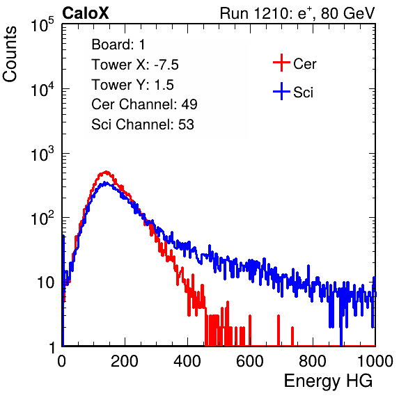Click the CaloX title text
[85, 13]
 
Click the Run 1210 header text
[297, 13]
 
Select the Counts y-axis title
[10, 54]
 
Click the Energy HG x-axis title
[328, 381]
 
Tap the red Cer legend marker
[281, 63]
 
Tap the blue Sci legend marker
[281, 91]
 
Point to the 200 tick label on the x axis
[125, 361]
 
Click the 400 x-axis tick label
[187, 361]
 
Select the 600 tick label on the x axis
[250, 361]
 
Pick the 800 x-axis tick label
[313, 361]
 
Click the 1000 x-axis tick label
[375, 361]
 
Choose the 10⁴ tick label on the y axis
[42, 89]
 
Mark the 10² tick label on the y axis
[42, 218]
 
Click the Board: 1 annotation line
[118, 45]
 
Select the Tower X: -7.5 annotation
[135, 65]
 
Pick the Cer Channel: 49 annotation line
[144, 104]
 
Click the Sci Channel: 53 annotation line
[143, 125]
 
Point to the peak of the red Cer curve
[106, 172]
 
